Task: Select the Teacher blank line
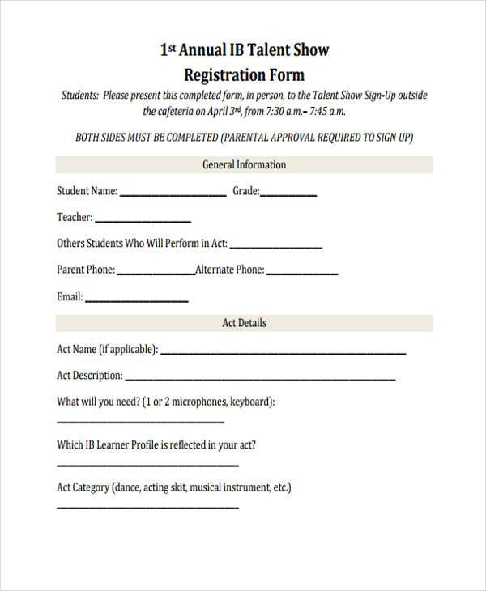pyautogui.click(x=143, y=221)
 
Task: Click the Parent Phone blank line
pyautogui.click(x=156, y=273)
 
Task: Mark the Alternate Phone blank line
pyautogui.click(x=302, y=273)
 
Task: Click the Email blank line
pyautogui.click(x=136, y=300)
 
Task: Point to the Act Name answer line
pyautogui.click(x=283, y=353)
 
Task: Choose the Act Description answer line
pyautogui.click(x=260, y=379)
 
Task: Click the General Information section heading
pyautogui.click(x=243, y=165)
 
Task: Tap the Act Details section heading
pyautogui.click(x=244, y=323)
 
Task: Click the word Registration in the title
pyautogui.click(x=224, y=76)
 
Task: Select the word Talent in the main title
pyautogui.click(x=272, y=50)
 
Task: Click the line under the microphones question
pyautogui.click(x=140, y=421)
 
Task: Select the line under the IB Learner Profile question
pyautogui.click(x=147, y=465)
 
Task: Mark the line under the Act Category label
pyautogui.click(x=147, y=508)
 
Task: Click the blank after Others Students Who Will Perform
pyautogui.click(x=276, y=247)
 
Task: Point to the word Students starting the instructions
pyautogui.click(x=80, y=96)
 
